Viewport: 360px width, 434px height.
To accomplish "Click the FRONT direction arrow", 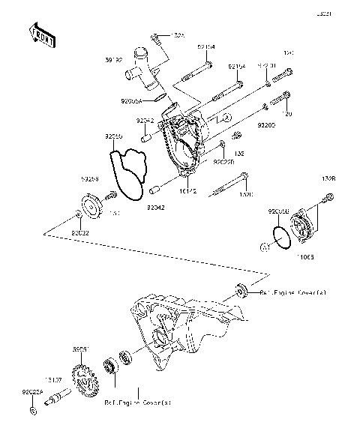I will click(x=42, y=33).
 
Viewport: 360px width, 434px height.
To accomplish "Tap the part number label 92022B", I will click(x=224, y=160).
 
